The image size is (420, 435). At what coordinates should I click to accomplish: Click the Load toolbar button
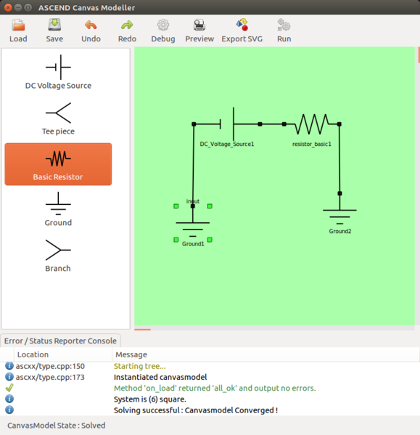18,31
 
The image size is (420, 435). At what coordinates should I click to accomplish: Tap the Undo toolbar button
91,31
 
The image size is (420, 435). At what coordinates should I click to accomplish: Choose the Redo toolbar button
127,31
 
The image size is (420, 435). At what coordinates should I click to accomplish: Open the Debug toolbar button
163,31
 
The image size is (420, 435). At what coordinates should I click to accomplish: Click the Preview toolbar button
199,31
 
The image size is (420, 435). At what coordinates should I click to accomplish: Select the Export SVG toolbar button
242,31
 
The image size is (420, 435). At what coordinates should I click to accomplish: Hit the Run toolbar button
284,31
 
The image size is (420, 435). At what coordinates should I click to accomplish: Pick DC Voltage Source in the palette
58,73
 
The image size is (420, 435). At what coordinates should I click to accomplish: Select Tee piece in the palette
58,118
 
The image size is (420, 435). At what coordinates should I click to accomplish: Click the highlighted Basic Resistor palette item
58,164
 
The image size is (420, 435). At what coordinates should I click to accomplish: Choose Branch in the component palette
58,256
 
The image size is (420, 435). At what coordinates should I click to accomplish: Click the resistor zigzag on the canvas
312,125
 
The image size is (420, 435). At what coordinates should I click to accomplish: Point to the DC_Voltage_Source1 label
227,145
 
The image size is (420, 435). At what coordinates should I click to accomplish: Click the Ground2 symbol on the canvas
339,216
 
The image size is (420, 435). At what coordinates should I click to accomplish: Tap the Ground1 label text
193,244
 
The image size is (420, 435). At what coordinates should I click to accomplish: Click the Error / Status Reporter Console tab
60,341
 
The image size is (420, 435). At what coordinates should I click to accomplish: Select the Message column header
130,354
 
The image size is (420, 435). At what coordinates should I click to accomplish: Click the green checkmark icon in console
9,388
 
